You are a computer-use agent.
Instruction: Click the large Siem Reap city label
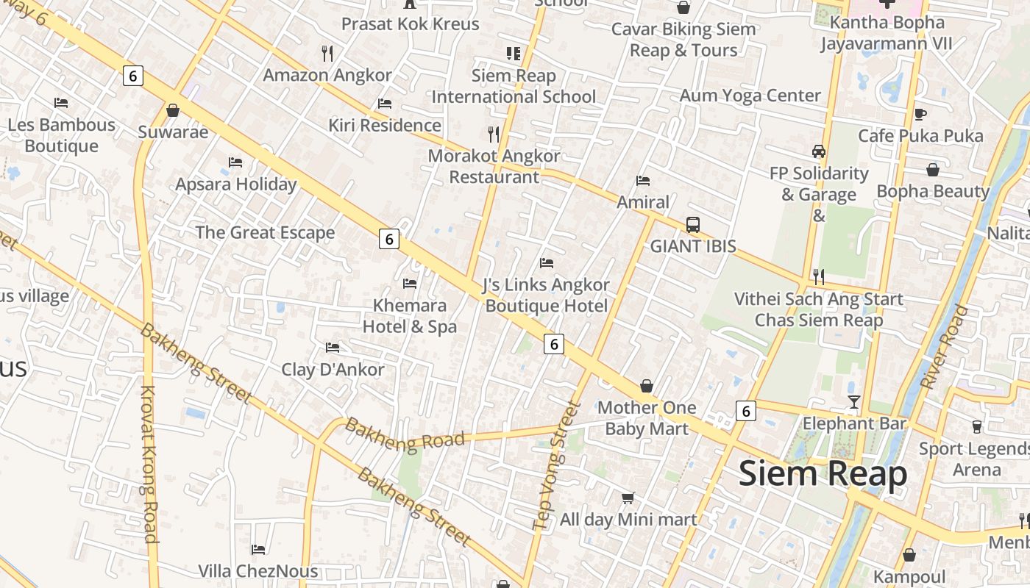pyautogui.click(x=823, y=474)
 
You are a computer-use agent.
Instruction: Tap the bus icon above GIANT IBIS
pyautogui.click(x=692, y=225)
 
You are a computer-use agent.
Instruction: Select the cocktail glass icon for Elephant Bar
pyautogui.click(x=853, y=401)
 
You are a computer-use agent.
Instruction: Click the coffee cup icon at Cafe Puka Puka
pyautogui.click(x=920, y=114)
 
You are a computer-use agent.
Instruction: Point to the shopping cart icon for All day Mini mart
pyautogui.click(x=628, y=498)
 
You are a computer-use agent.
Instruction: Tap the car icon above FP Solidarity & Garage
pyautogui.click(x=818, y=151)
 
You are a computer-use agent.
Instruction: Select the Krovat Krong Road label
pyautogui.click(x=149, y=465)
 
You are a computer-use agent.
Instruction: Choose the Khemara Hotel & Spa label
pyautogui.click(x=410, y=316)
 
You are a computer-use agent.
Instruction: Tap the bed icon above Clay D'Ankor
pyautogui.click(x=333, y=348)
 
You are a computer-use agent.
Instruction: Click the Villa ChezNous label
pyautogui.click(x=257, y=571)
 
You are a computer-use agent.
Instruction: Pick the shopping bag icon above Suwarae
pyautogui.click(x=173, y=110)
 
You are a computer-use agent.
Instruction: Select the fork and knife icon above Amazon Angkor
pyautogui.click(x=328, y=53)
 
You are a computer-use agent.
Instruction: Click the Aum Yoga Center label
pyautogui.click(x=750, y=96)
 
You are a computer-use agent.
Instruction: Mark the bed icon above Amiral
pyautogui.click(x=643, y=181)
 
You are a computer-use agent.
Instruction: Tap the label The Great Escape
pyautogui.click(x=265, y=233)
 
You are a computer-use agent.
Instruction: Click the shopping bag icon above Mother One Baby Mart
pyautogui.click(x=647, y=386)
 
